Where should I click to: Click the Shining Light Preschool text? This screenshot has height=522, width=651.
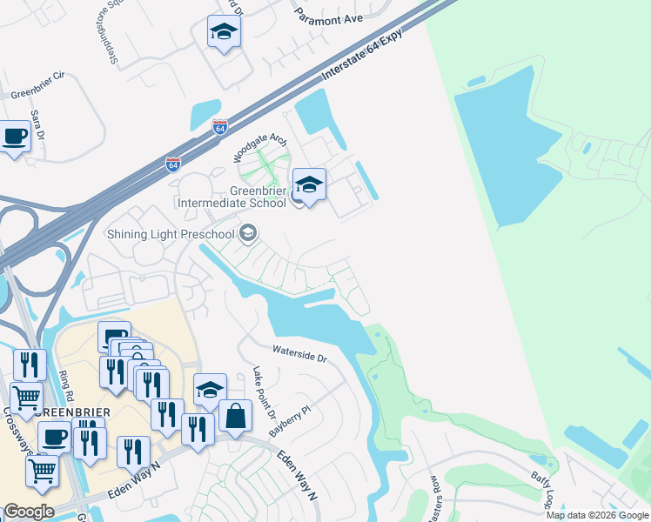(171, 234)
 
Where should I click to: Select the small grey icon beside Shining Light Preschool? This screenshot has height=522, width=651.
(249, 233)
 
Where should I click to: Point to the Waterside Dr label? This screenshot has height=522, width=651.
(299, 357)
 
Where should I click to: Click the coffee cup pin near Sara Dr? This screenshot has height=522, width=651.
(15, 137)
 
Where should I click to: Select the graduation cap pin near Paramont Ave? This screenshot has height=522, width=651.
(225, 33)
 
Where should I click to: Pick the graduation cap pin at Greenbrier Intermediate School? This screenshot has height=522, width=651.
(309, 184)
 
